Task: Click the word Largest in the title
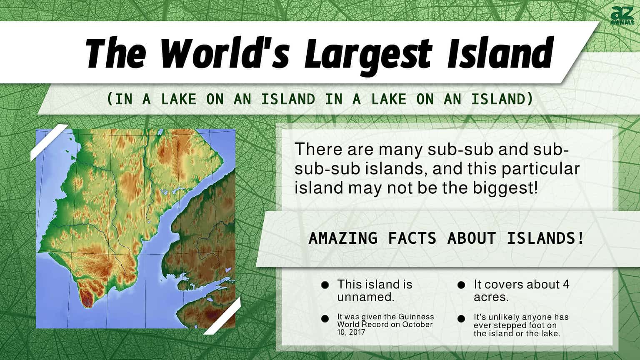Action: pyautogui.click(x=367, y=53)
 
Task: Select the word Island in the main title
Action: pyautogui.click(x=500, y=53)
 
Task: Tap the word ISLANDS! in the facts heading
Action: pyautogui.click(x=545, y=238)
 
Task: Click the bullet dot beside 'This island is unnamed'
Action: pyautogui.click(x=325, y=285)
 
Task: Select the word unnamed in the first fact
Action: pyautogui.click(x=365, y=297)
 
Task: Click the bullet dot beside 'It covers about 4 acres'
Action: pyautogui.click(x=461, y=285)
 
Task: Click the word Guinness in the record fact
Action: pyautogui.click(x=415, y=317)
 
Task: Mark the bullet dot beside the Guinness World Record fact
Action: pyautogui.click(x=325, y=319)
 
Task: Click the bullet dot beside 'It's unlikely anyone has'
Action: pyautogui.click(x=461, y=319)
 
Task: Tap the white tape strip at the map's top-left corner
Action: pyautogui.click(x=49, y=142)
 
